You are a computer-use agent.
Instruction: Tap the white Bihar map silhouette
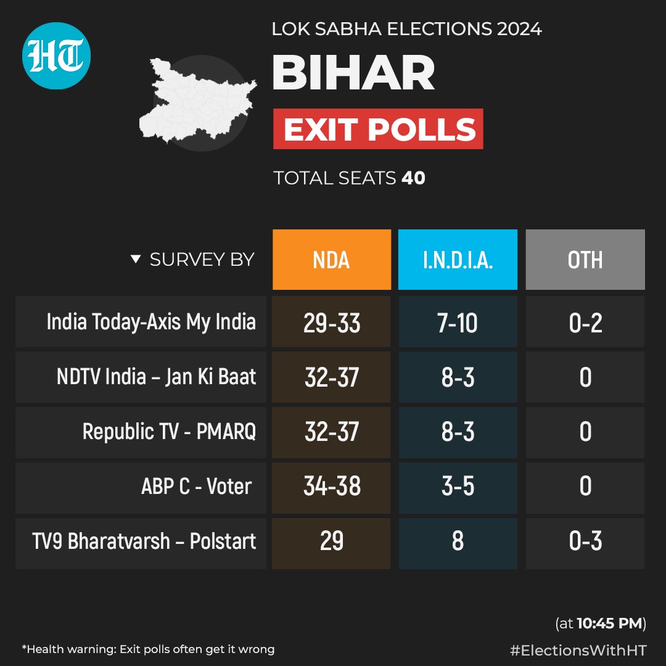(191, 102)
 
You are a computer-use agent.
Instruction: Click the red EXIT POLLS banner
(378, 129)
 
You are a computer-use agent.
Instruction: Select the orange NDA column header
(332, 260)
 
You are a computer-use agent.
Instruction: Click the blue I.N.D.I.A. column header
(458, 260)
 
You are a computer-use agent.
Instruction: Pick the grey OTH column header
(585, 260)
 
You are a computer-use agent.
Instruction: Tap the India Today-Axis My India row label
(151, 322)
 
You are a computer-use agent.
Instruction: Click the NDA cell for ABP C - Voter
(332, 487)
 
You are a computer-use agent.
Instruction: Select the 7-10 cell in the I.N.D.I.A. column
(458, 323)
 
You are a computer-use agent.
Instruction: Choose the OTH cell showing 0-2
(585, 323)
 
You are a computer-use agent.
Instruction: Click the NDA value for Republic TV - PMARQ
(332, 432)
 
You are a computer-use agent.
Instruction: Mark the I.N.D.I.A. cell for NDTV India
(458, 377)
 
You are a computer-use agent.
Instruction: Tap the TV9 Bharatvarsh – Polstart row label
(144, 541)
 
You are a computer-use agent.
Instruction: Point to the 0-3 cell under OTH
(585, 541)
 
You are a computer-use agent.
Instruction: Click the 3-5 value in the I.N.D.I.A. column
(458, 487)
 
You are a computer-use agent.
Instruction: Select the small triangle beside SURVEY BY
(136, 260)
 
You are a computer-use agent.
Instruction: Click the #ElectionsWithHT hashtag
(578, 649)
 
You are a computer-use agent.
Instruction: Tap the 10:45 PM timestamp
(610, 623)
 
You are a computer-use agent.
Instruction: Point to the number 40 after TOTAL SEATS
(413, 178)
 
